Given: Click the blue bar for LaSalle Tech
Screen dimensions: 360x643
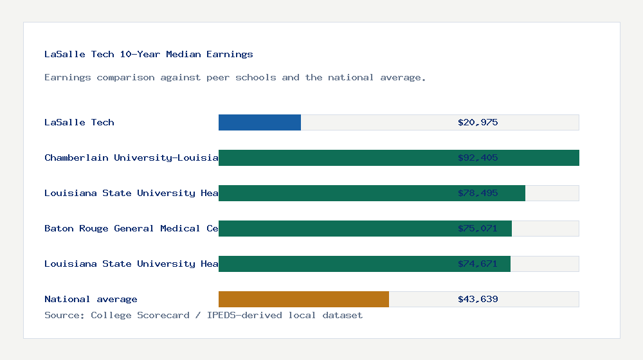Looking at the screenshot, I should pyautogui.click(x=260, y=122).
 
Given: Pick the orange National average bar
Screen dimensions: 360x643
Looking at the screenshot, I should pyautogui.click(x=303, y=299).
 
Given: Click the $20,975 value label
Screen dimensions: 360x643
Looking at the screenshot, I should pyautogui.click(x=478, y=122).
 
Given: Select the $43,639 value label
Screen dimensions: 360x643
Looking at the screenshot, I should pyautogui.click(x=478, y=299).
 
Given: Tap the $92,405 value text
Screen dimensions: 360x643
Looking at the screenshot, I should pyautogui.click(x=478, y=157).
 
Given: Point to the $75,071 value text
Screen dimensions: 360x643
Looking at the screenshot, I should pyautogui.click(x=478, y=228).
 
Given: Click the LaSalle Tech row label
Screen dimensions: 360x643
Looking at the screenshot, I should pyautogui.click(x=79, y=122).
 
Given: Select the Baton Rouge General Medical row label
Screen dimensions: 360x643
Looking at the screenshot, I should pyautogui.click(x=131, y=228).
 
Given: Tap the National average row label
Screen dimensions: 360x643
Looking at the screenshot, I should pyautogui.click(x=91, y=299).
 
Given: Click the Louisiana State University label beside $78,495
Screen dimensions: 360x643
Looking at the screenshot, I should pyautogui.click(x=131, y=193).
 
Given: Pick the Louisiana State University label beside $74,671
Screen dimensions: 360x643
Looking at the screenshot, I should pyautogui.click(x=131, y=264).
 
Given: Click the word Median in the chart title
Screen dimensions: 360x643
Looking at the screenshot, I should pyautogui.click(x=183, y=54).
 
